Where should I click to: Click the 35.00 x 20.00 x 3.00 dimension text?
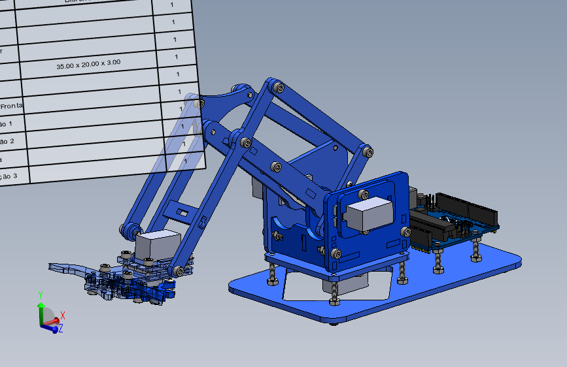(x=88, y=64)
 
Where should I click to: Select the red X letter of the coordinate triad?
(x=62, y=315)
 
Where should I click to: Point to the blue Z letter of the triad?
(x=61, y=328)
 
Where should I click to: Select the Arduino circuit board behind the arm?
(x=458, y=219)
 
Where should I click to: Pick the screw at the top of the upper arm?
(x=279, y=86)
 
